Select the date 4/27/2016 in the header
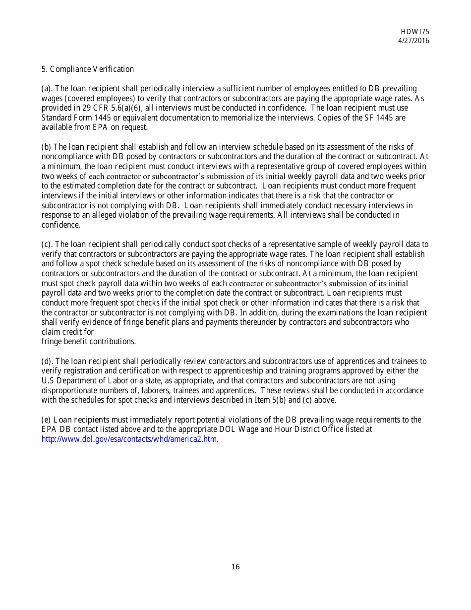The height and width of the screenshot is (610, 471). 414,41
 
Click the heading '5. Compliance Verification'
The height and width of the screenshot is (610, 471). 87,69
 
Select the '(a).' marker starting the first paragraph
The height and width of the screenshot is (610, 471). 47,89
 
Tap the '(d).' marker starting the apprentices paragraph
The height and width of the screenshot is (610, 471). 48,362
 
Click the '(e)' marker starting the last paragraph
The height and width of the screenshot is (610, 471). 46,420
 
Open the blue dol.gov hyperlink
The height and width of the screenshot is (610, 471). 129,439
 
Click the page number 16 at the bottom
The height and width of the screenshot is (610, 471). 235,567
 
